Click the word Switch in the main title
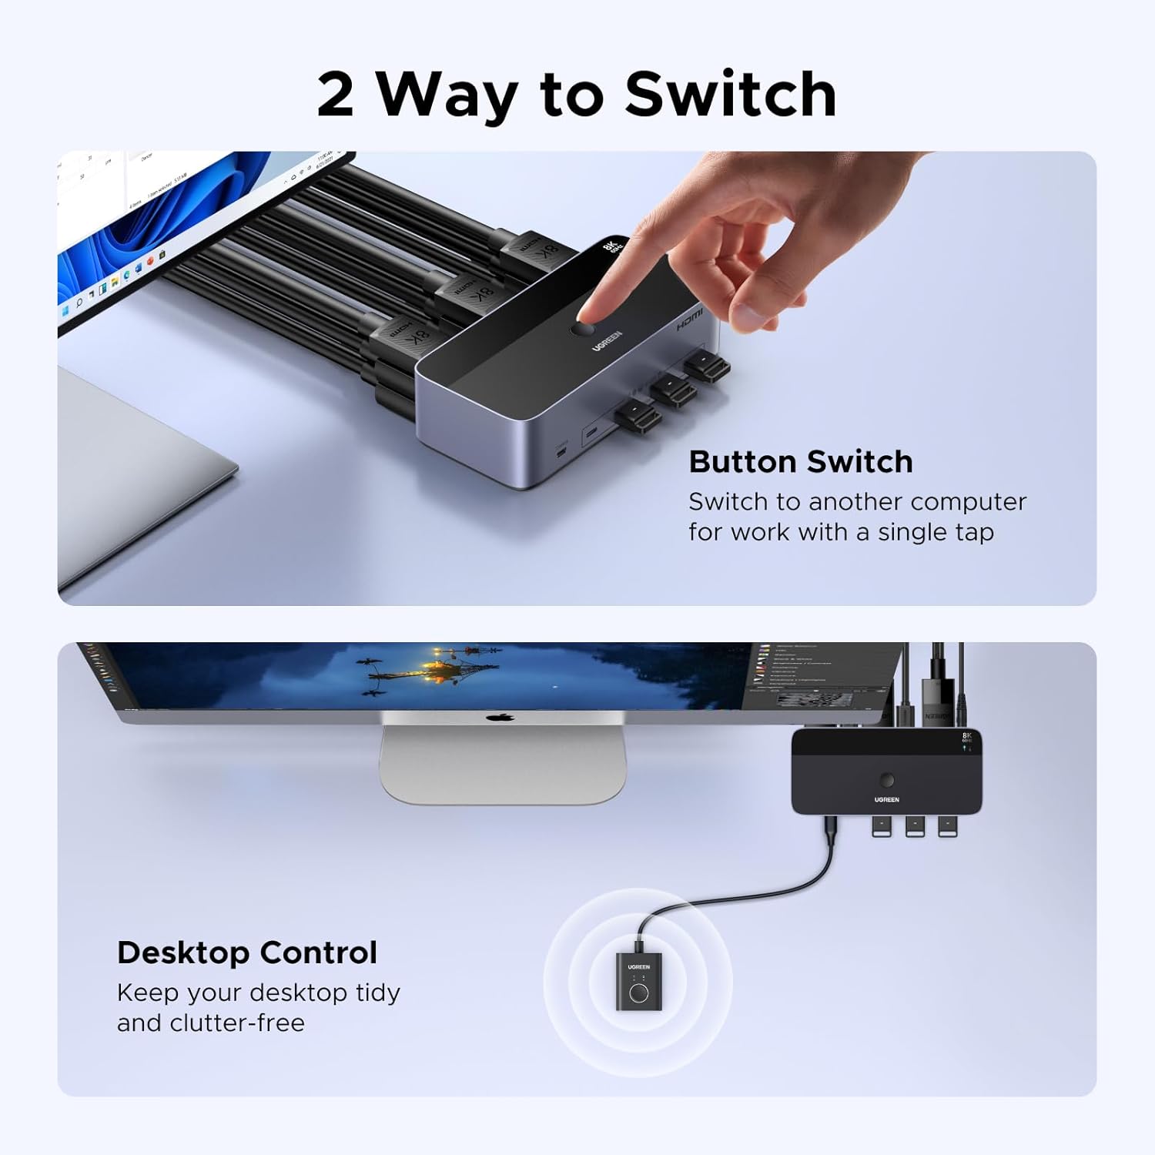coord(730,95)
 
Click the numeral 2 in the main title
coord(336,95)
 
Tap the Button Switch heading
coord(800,462)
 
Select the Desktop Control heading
coord(246,952)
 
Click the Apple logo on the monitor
coord(500,718)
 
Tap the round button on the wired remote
coord(638,992)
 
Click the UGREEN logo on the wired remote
coord(638,967)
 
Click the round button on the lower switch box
coord(887,780)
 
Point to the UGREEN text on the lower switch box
coord(887,800)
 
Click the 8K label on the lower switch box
coord(967,736)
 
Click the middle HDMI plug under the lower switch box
coord(915,826)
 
